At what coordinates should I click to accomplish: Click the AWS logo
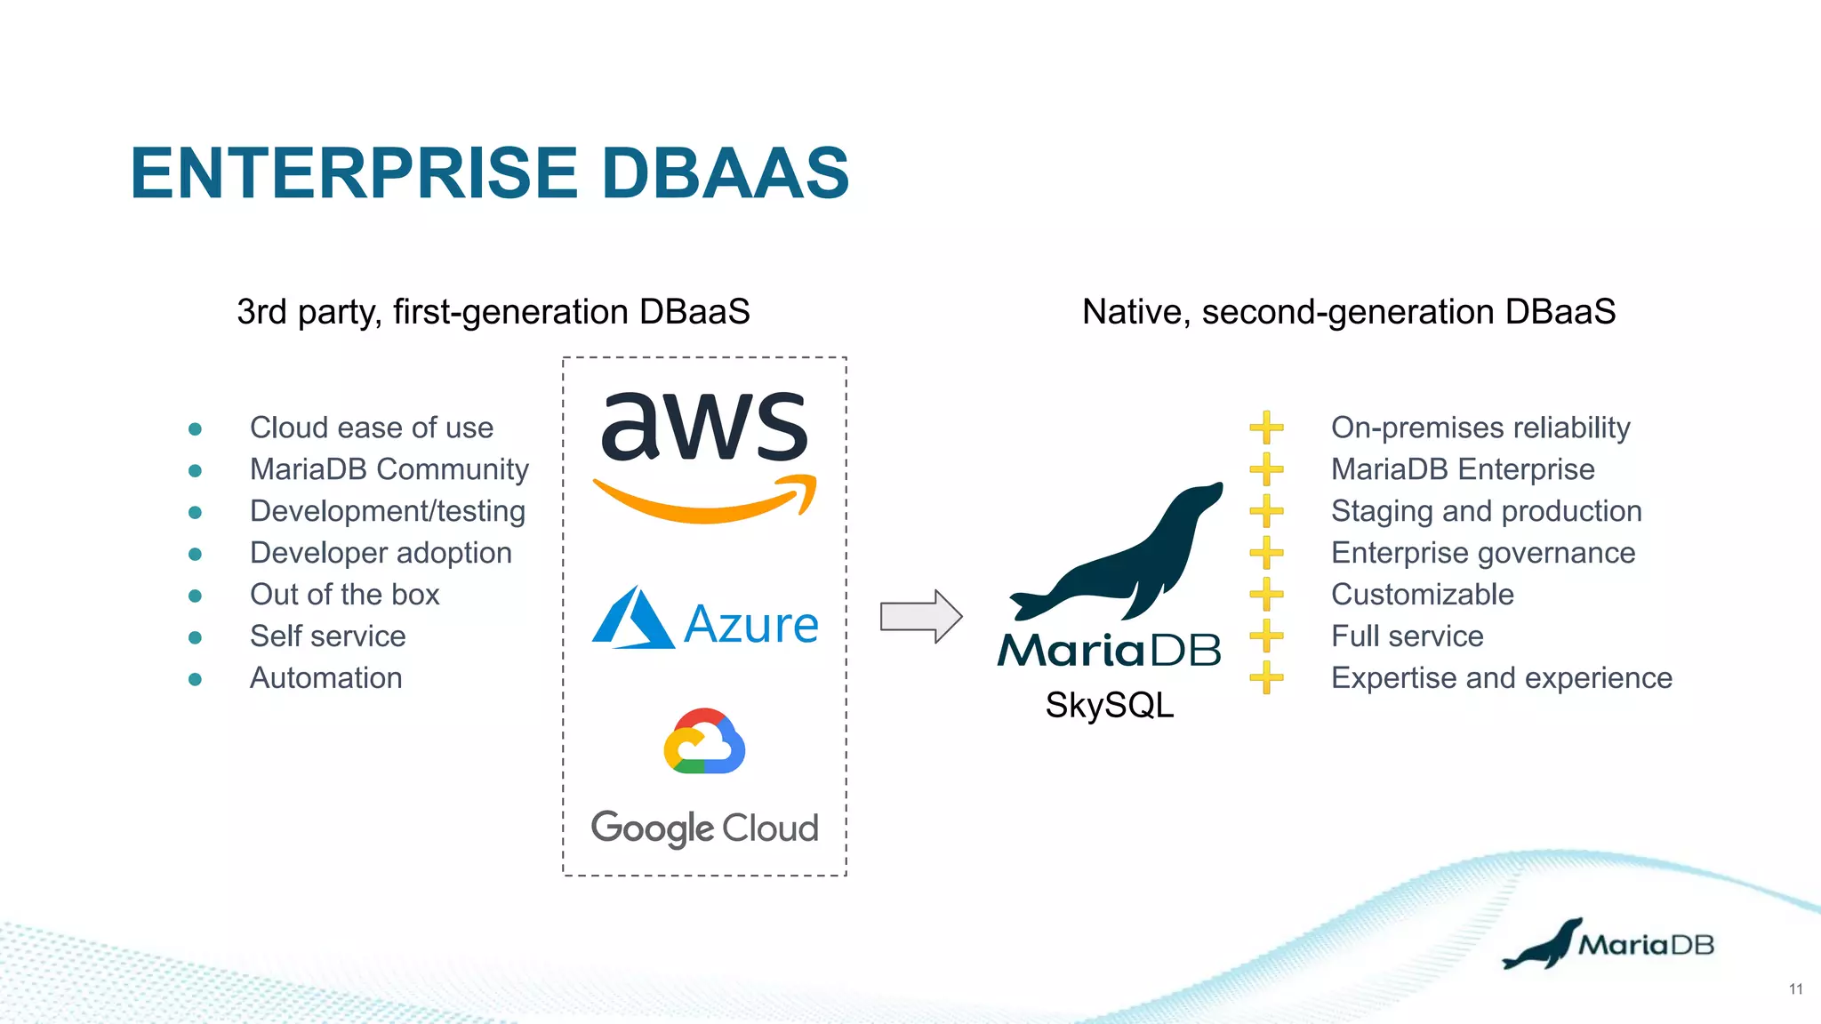click(704, 453)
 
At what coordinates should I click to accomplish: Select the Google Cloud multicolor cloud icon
click(704, 741)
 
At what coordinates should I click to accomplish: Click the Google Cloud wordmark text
click(704, 828)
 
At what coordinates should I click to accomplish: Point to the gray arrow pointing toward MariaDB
click(920, 616)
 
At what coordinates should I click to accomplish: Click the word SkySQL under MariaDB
click(1109, 705)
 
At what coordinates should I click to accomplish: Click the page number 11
click(1795, 989)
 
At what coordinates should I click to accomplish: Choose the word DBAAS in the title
click(725, 172)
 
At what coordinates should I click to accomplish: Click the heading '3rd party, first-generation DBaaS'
click(493, 312)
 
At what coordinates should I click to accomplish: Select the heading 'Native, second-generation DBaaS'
click(1348, 312)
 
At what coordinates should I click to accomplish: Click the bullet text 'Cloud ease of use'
click(371, 428)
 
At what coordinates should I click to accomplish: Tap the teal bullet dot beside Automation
click(196, 679)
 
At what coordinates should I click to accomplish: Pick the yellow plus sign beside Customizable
click(1266, 594)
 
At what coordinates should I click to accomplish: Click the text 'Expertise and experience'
click(1501, 678)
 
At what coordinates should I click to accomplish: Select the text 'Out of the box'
click(344, 595)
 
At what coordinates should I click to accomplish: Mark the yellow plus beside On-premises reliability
click(1266, 428)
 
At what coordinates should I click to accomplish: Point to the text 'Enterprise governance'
click(1482, 553)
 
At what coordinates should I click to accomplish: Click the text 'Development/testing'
click(387, 511)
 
